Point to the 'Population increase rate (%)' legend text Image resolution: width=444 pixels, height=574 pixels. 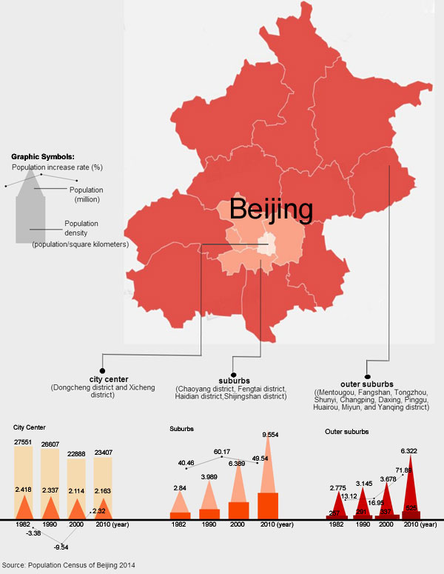click(x=56, y=167)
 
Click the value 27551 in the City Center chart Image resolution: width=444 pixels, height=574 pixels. click(x=26, y=442)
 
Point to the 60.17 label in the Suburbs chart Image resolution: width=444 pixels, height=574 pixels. click(x=222, y=452)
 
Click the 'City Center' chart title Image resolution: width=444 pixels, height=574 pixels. click(x=30, y=427)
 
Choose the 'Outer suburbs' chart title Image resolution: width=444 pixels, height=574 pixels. click(x=348, y=431)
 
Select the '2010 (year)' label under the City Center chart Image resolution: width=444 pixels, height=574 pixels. click(x=111, y=524)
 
